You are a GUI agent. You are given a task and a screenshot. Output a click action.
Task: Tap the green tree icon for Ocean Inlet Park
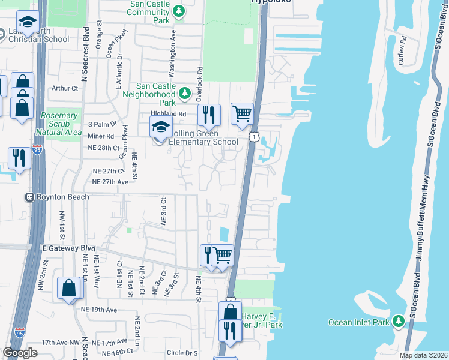397,322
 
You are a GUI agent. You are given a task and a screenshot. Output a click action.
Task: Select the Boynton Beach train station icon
28,197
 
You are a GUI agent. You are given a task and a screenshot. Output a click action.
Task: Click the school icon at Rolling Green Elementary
160,128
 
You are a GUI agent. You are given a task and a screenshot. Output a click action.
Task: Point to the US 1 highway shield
255,137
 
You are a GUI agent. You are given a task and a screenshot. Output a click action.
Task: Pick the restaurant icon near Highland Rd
209,114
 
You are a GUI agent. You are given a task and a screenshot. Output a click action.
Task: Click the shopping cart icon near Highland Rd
242,113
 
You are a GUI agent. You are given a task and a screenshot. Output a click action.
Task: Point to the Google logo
20,352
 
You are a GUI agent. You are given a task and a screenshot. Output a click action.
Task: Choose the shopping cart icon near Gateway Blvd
223,255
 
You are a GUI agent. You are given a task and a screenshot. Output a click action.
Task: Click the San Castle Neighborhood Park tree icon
185,94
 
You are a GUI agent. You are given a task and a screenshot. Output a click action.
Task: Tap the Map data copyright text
423,355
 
